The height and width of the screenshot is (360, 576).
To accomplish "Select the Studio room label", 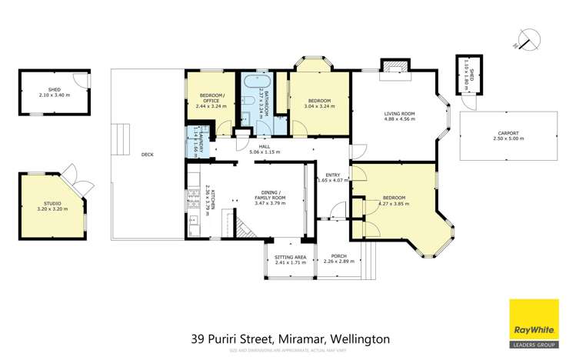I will [x=52, y=202].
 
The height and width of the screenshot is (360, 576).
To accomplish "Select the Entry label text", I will [x=333, y=175].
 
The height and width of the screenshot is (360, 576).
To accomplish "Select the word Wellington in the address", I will [x=360, y=338].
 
